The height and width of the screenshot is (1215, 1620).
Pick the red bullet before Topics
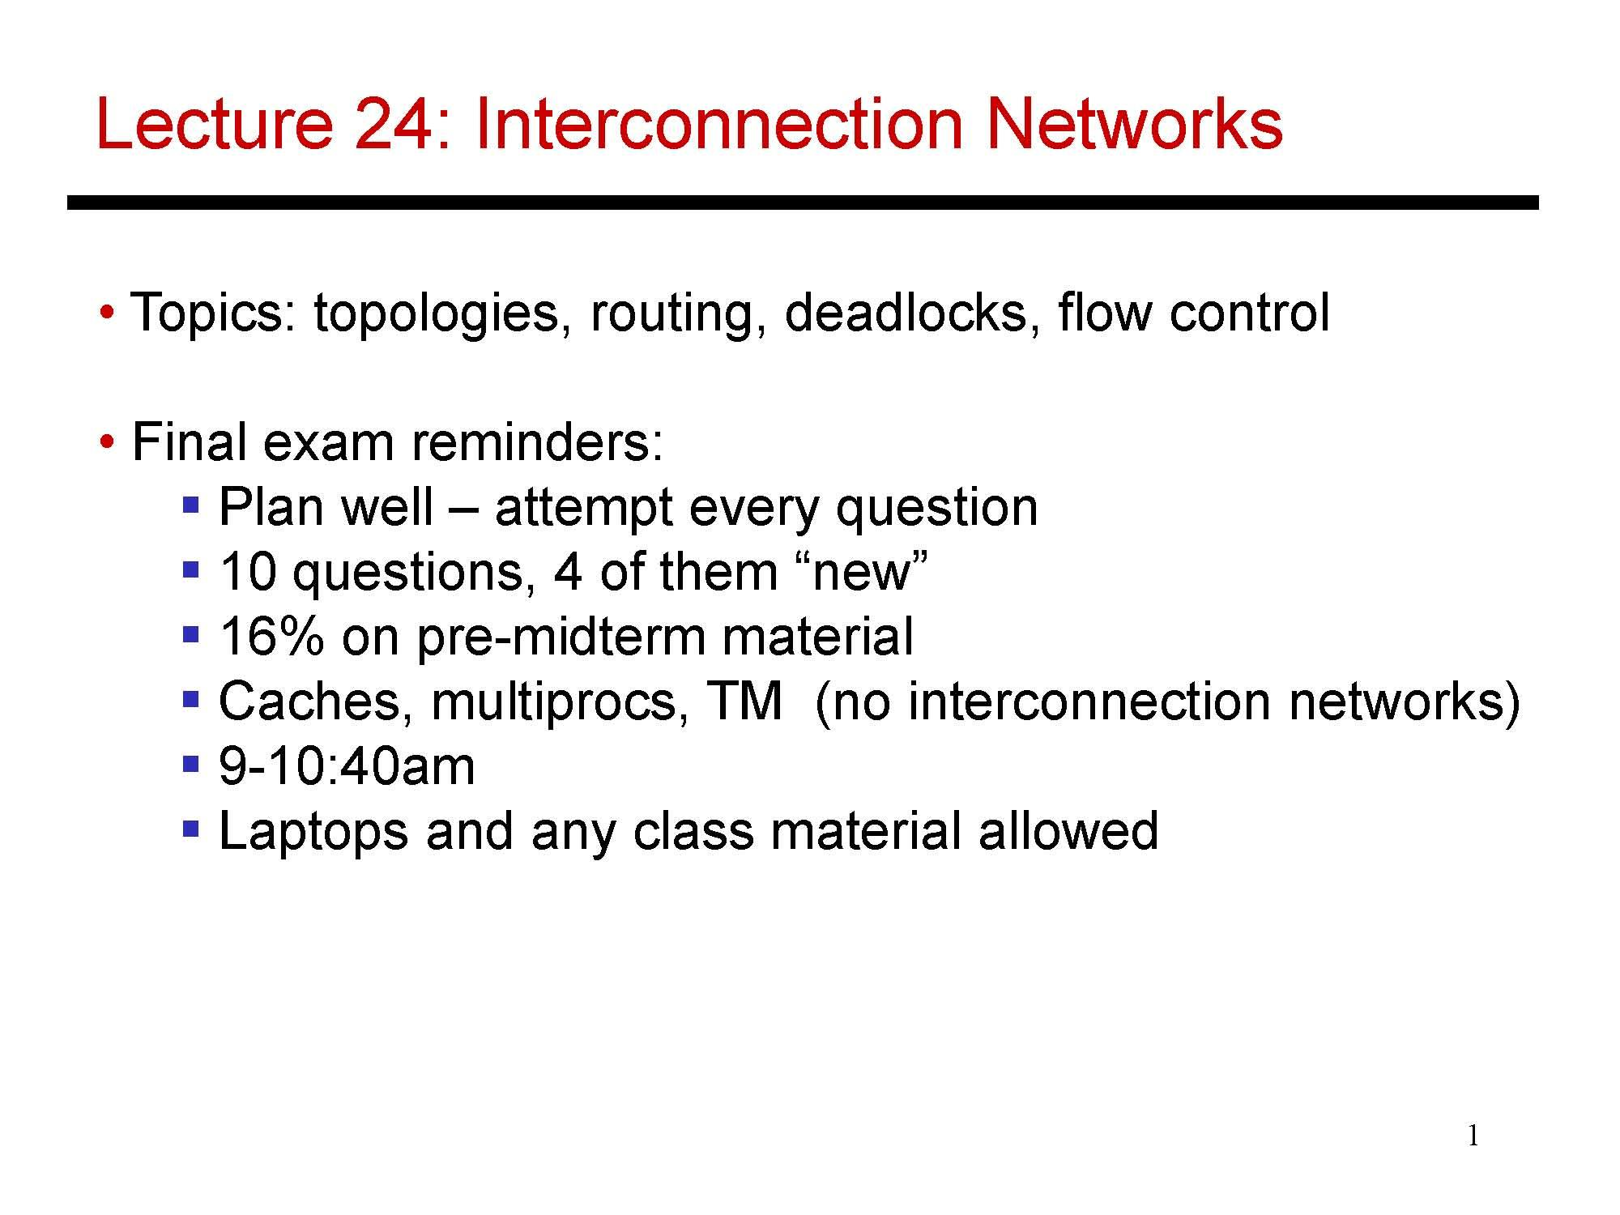click(106, 313)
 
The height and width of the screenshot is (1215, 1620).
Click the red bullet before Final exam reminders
click(106, 442)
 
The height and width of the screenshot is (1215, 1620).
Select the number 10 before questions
click(248, 571)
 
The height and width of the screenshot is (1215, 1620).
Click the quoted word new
click(863, 572)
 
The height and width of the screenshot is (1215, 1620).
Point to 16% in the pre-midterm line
click(271, 636)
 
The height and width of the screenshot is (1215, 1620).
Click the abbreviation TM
click(744, 701)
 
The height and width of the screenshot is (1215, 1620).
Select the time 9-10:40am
click(347, 765)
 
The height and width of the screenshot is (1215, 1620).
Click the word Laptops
click(313, 832)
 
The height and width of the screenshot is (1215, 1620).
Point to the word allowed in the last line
click(1068, 830)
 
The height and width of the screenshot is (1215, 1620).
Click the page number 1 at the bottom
click(1473, 1137)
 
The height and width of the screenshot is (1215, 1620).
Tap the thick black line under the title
click(802, 202)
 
